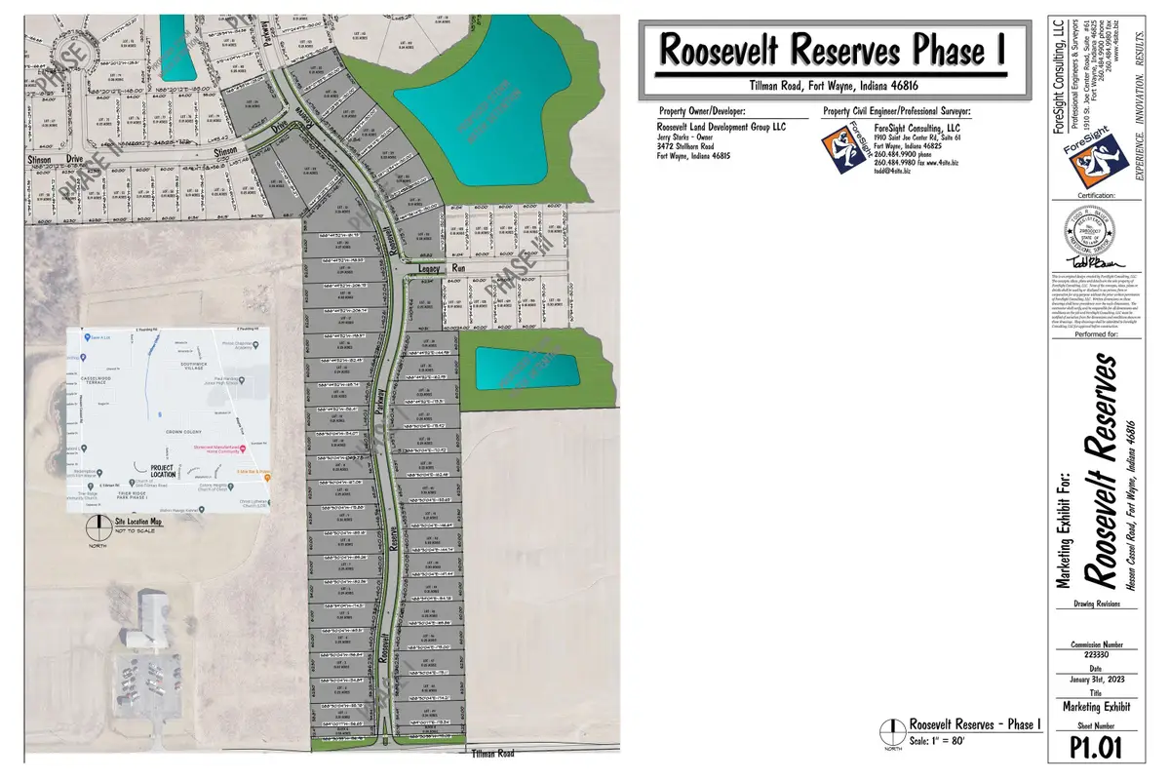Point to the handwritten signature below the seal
tap(1090, 262)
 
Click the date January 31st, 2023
tap(1091, 682)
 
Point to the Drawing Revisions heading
tap(1091, 604)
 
